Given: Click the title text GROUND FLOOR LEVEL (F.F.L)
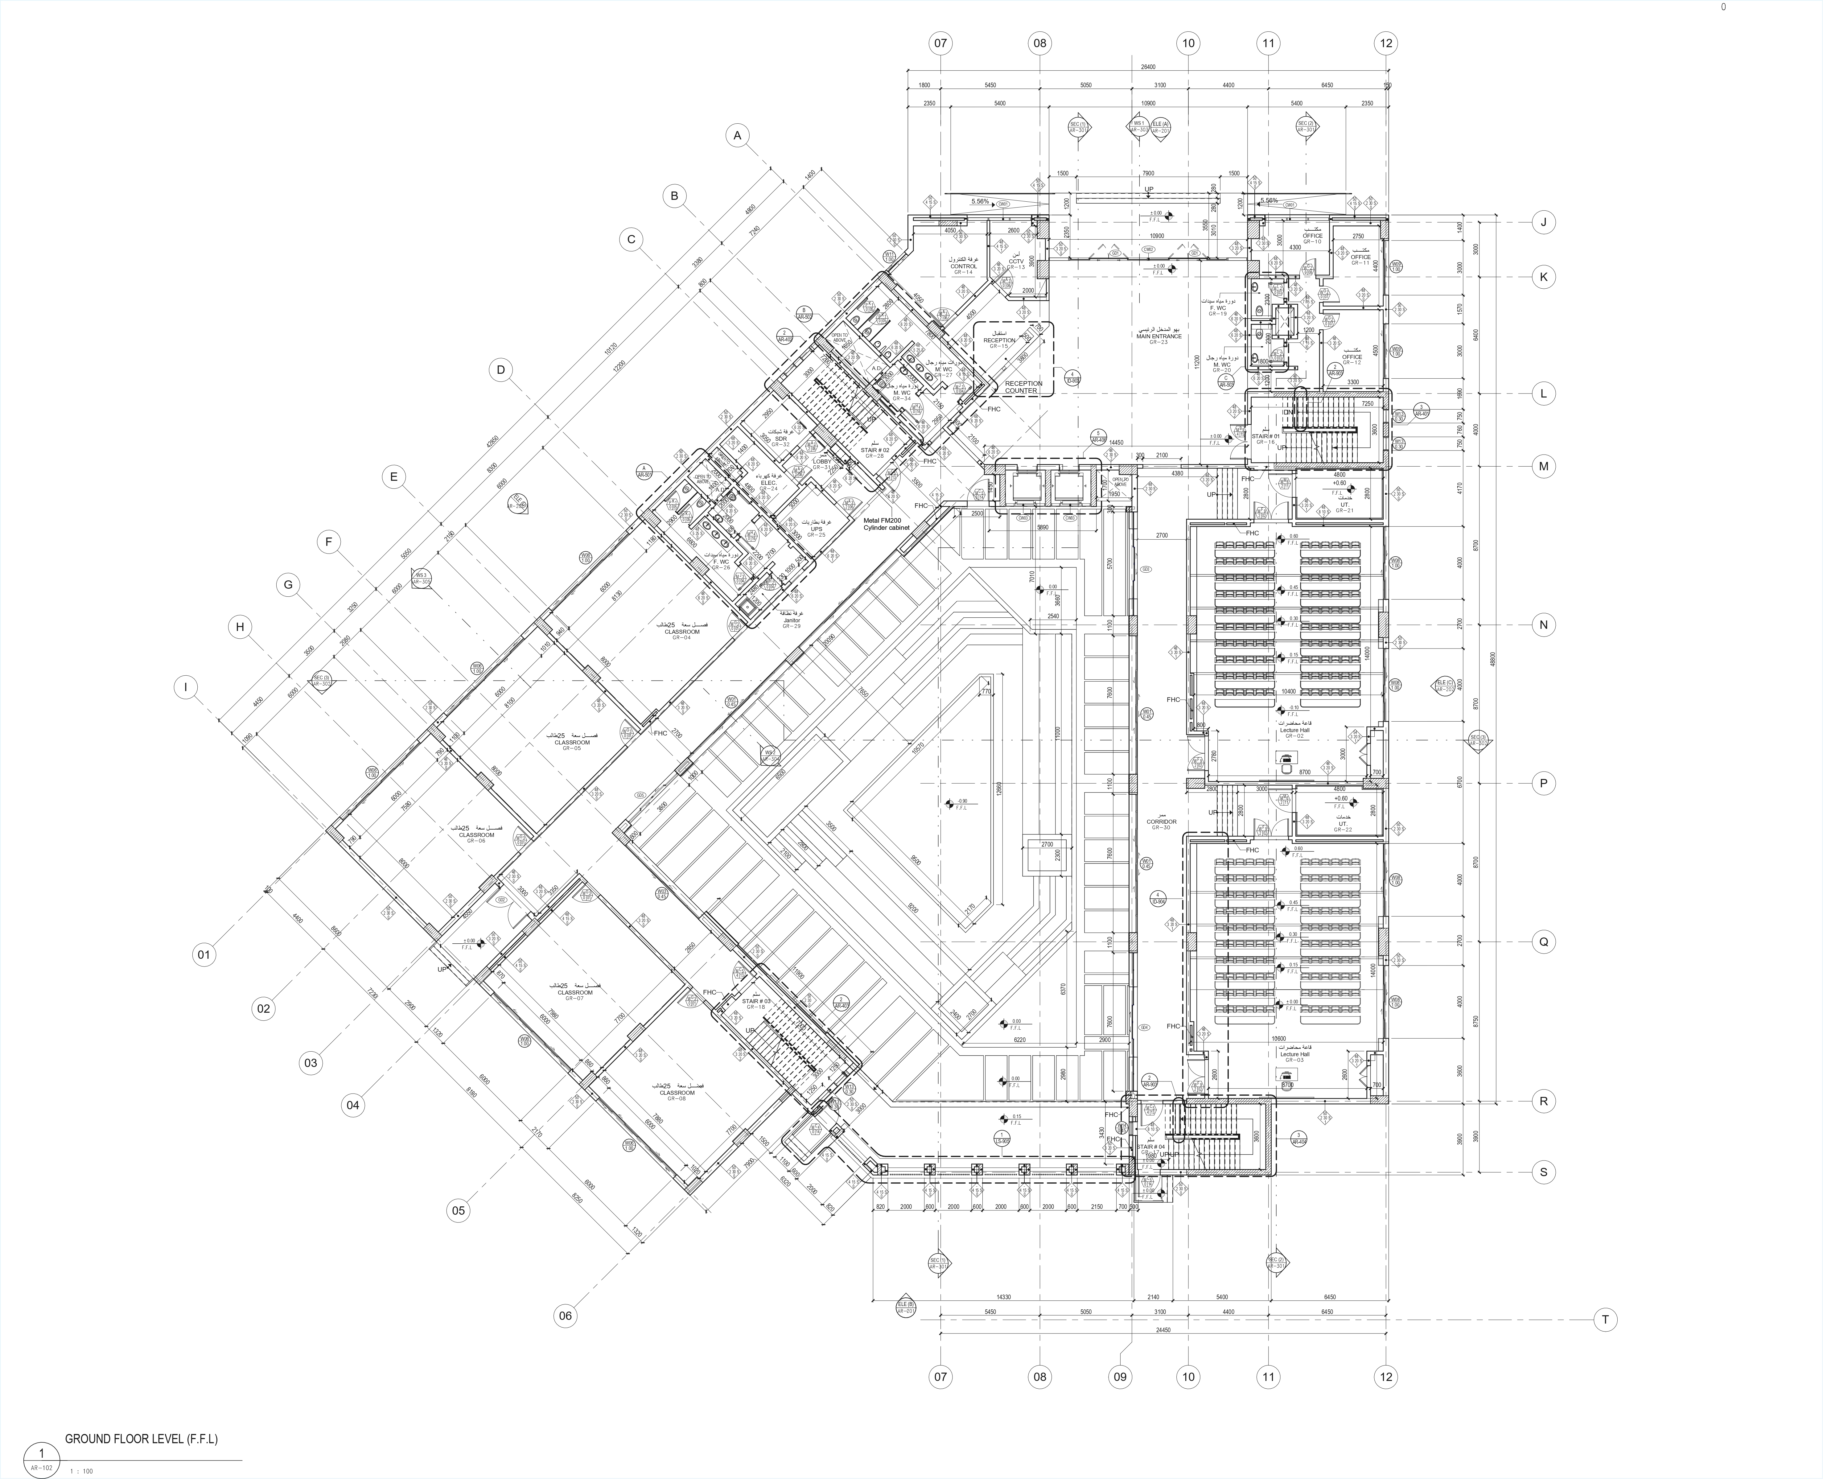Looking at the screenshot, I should click(x=142, y=1439).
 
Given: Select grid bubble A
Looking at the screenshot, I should click(x=738, y=135).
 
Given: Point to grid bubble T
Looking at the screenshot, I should click(x=1605, y=1320).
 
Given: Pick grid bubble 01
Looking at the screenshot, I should click(x=204, y=955).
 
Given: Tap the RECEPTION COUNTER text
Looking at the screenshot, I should click(x=1022, y=387).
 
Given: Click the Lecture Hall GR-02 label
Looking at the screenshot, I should click(x=1294, y=732).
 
